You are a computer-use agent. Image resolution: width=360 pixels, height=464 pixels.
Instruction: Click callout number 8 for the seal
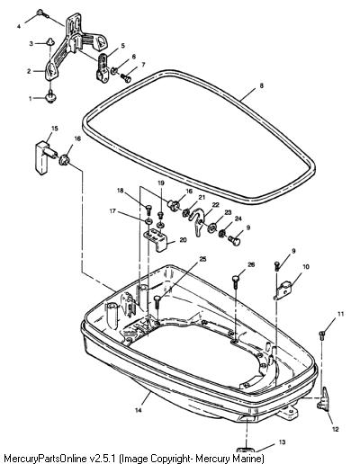(x=261, y=85)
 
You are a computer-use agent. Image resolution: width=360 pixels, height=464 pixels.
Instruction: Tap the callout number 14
(x=138, y=410)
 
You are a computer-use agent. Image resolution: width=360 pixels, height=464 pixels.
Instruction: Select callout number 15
(x=55, y=129)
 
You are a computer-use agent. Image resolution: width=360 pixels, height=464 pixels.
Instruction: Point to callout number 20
(x=183, y=240)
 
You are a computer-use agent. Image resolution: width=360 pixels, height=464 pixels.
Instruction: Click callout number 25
(x=203, y=259)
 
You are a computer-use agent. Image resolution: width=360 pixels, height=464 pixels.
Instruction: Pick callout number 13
(x=282, y=442)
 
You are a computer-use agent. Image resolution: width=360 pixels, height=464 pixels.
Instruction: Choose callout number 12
(x=336, y=429)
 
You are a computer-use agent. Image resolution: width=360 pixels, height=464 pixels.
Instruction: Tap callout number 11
(x=340, y=314)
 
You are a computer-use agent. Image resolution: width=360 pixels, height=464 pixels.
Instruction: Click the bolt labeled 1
(x=50, y=96)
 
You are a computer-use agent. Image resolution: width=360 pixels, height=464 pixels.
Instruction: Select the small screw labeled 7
(x=126, y=78)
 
